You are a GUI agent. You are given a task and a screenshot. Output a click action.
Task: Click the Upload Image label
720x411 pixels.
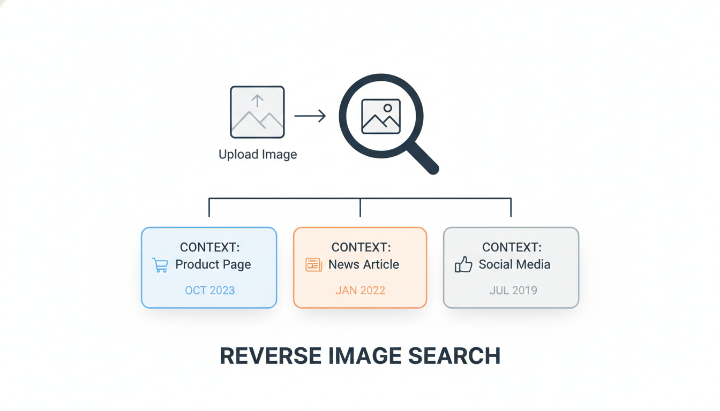[x=258, y=155]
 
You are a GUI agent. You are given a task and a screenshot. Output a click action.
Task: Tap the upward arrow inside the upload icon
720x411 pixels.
[x=257, y=101]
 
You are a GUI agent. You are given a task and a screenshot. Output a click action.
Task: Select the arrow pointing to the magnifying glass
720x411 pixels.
[x=310, y=116]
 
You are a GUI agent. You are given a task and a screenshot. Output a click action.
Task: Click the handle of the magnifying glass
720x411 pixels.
[x=423, y=158]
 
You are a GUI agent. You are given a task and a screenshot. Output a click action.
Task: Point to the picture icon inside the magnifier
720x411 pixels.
[x=381, y=116]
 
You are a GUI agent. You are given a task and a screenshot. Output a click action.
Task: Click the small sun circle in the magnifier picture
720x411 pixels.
[x=388, y=108]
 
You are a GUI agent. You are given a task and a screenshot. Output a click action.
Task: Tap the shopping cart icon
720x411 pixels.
[x=160, y=265]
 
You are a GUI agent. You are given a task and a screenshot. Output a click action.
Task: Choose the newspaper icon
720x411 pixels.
[x=314, y=265]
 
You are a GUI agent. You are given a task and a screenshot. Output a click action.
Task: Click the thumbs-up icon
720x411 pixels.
[x=463, y=264]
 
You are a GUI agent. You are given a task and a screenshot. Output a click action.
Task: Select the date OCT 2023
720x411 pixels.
[x=210, y=290]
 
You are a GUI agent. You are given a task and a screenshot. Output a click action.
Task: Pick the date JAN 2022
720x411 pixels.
[x=361, y=290]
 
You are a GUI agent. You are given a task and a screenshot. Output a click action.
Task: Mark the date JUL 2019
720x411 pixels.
[x=513, y=290]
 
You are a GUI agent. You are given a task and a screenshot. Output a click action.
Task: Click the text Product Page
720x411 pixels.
[x=213, y=264]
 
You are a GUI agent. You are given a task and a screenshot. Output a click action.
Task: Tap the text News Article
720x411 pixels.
[x=364, y=264]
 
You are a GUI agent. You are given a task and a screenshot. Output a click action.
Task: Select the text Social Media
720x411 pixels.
[x=514, y=264]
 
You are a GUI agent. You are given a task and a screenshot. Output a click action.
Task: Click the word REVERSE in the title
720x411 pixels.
[x=271, y=356]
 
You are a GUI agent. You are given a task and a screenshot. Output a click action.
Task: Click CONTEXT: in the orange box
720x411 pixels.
[x=361, y=247]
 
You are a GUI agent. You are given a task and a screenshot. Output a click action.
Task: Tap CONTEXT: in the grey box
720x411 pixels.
[x=512, y=247]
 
